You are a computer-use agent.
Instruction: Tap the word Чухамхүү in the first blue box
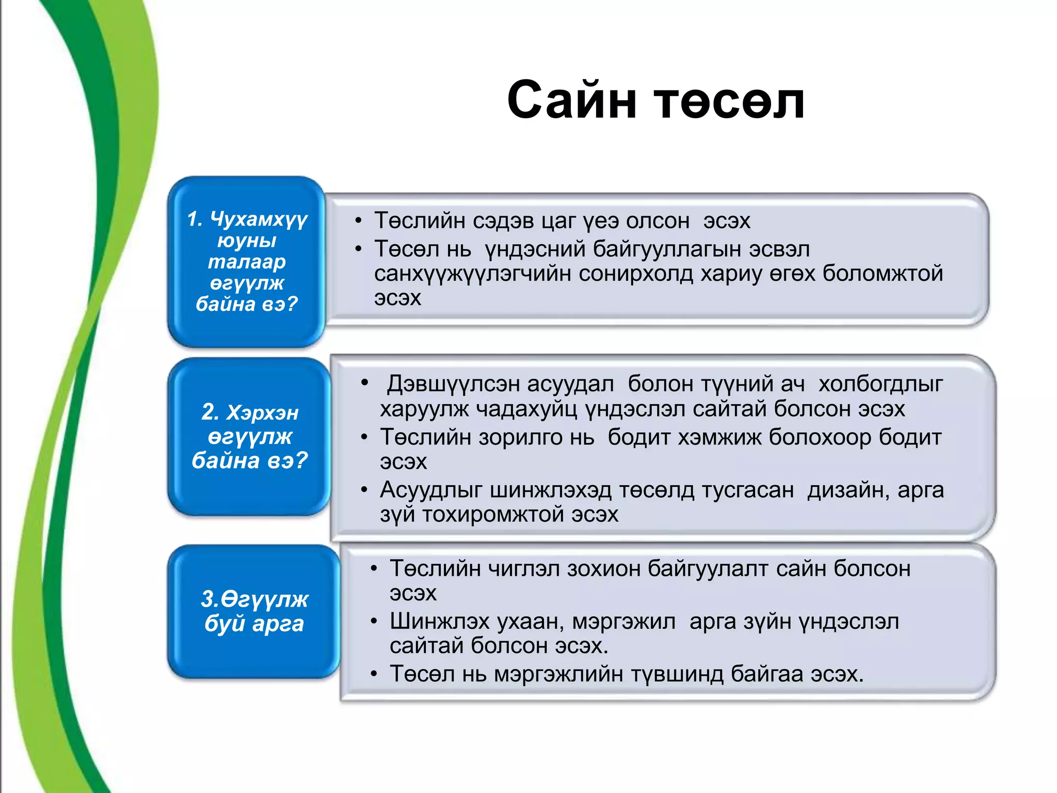point(259,219)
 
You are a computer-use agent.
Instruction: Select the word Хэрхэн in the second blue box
point(263,413)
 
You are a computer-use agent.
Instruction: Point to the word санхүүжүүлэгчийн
point(472,274)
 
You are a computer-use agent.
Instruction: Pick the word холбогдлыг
point(880,384)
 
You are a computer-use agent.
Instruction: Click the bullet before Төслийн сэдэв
point(358,221)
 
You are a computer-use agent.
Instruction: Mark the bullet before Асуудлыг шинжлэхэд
point(364,489)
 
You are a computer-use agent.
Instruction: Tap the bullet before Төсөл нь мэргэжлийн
point(374,674)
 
